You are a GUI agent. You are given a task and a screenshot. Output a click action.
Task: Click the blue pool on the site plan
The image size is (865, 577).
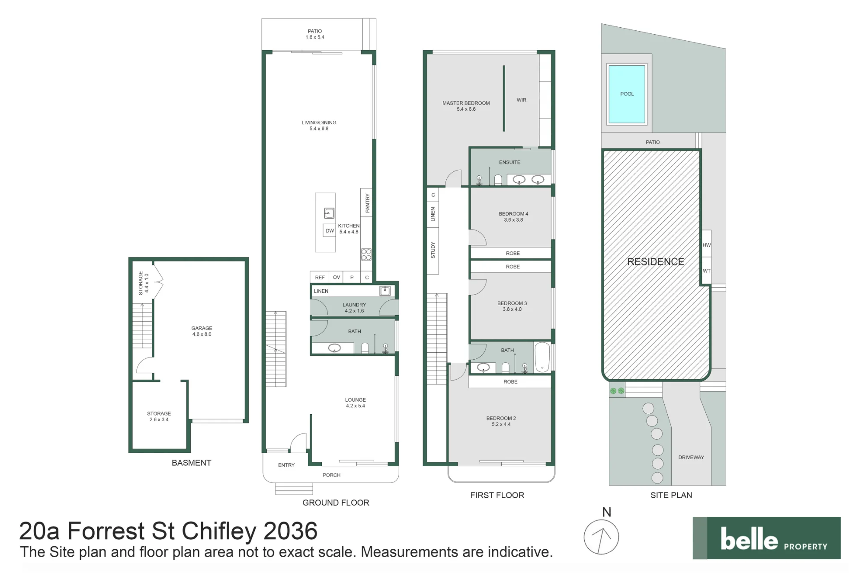pos(627,94)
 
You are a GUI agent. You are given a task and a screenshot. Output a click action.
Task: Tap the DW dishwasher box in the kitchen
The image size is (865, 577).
pos(330,231)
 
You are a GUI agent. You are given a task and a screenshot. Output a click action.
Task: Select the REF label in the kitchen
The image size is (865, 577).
pos(320,277)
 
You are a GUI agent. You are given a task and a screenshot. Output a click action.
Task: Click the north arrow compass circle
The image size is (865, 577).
pos(601,537)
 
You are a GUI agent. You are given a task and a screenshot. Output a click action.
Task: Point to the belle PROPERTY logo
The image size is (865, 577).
pos(766,538)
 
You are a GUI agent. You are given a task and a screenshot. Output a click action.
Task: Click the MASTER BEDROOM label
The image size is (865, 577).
pos(466,103)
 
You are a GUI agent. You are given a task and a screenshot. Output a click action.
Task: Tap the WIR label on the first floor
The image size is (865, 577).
pos(522,100)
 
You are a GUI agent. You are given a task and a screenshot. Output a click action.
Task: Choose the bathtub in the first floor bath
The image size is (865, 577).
pos(542,357)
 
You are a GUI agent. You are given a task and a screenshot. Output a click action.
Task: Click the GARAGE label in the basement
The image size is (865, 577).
pos(202,328)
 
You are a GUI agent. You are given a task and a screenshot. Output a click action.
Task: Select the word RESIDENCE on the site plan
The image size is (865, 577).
pos(656,261)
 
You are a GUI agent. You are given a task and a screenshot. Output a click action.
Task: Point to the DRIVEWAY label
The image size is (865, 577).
pos(691,457)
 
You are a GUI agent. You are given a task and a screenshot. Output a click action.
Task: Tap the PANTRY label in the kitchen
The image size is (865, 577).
pos(368,203)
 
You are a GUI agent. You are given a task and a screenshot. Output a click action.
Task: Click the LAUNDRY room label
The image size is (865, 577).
pos(354,305)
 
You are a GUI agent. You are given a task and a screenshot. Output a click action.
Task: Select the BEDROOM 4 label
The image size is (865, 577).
pos(513,214)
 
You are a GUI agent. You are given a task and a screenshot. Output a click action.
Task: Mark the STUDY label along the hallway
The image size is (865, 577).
pos(433,250)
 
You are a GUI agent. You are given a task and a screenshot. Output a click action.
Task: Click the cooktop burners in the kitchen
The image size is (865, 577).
pos(366,255)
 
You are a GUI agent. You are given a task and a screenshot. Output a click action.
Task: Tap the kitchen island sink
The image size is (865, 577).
pos(329,213)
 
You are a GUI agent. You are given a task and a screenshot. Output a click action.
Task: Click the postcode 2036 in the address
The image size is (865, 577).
pos(291,531)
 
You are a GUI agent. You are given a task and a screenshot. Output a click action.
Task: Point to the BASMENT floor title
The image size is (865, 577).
pos(192,463)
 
